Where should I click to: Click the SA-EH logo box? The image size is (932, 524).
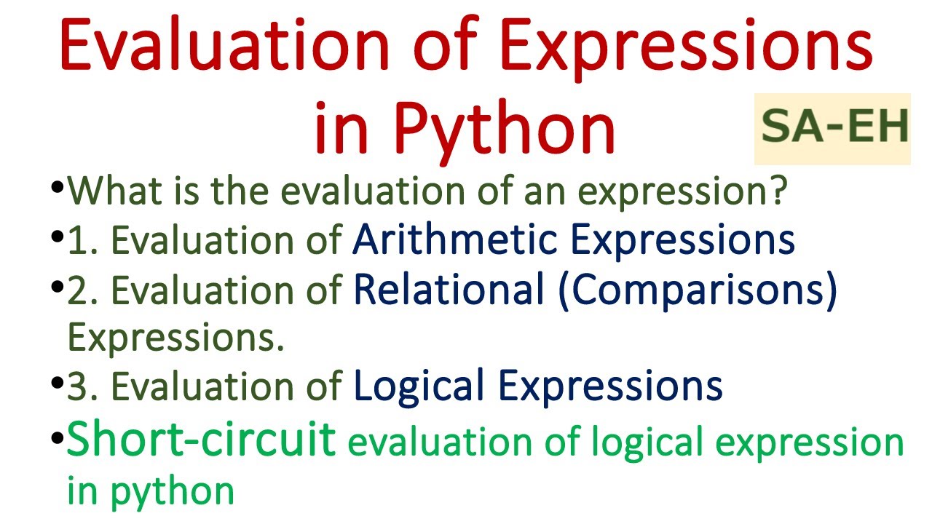tap(832, 129)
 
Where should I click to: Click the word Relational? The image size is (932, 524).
tap(449, 290)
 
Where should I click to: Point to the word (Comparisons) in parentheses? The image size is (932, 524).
tap(698, 290)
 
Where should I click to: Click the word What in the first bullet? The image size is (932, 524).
tap(116, 193)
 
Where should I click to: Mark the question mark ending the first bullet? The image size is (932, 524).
tap(778, 193)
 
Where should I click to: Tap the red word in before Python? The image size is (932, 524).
tap(340, 129)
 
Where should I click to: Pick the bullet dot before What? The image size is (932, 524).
tap(58, 188)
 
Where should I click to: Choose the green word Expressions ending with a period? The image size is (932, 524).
tap(175, 338)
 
